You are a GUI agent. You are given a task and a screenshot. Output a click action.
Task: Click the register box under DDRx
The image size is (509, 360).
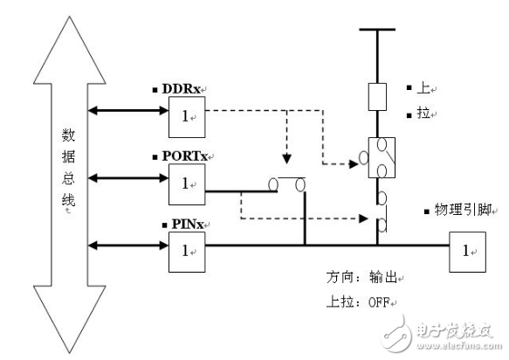point(184,114)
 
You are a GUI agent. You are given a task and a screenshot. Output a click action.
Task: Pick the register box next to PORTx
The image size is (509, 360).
point(184,183)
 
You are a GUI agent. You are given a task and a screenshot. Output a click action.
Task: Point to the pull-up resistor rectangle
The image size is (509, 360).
point(377,97)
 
